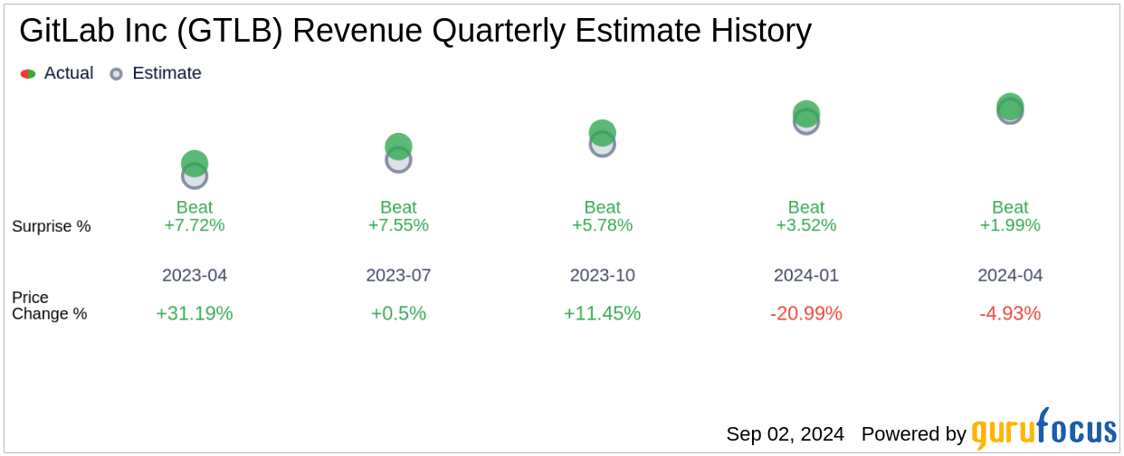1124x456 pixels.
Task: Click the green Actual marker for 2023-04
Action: [x=195, y=163]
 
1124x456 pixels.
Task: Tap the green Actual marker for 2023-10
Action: [x=602, y=132]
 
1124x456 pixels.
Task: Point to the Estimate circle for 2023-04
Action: [x=195, y=177]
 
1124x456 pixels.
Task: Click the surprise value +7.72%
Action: [x=195, y=225]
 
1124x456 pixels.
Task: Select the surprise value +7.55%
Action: [x=398, y=225]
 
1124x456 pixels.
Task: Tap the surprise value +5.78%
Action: [x=602, y=225]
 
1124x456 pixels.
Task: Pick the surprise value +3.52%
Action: [x=806, y=225]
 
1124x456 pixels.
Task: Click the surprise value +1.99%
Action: [x=1010, y=225]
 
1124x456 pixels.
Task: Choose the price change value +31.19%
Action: [x=195, y=313]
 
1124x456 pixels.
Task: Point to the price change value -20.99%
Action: [x=806, y=313]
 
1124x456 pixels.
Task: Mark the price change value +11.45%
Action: [x=602, y=313]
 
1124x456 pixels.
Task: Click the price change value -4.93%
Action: [x=1010, y=313]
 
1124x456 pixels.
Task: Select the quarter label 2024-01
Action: [x=806, y=275]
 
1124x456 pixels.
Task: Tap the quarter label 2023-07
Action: [x=398, y=275]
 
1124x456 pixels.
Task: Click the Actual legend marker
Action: [x=28, y=74]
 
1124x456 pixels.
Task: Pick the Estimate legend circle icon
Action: [x=116, y=74]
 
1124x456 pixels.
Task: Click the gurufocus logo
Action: [x=1043, y=430]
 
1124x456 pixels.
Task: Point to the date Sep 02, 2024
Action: [x=785, y=434]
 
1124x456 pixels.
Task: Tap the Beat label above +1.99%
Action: [x=1010, y=207]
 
